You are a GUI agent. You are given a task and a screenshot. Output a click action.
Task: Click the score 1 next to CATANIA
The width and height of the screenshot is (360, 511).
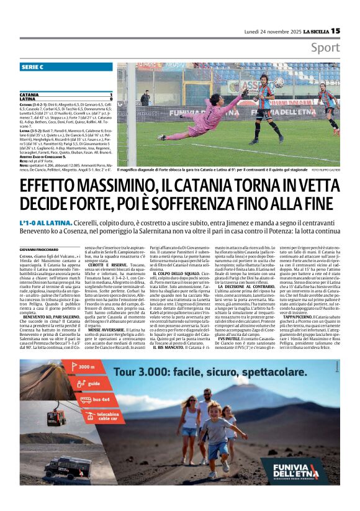110,94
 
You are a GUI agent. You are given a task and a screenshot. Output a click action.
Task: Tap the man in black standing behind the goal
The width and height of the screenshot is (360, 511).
145,98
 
